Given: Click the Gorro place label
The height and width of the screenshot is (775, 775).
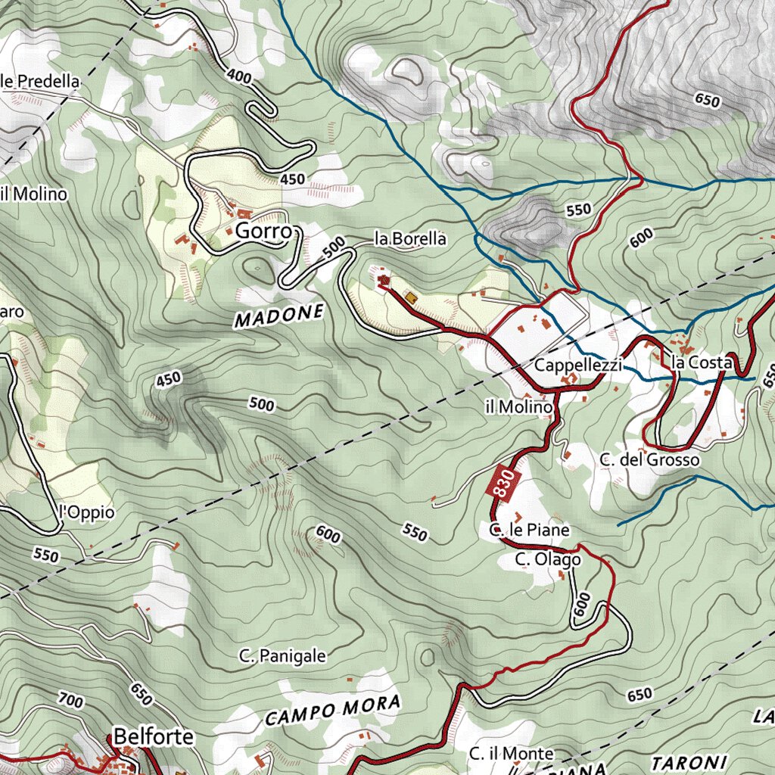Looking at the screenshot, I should [263, 232].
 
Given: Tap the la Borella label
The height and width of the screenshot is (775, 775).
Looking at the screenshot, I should [410, 239].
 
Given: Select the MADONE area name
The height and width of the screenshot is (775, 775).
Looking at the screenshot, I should [279, 316].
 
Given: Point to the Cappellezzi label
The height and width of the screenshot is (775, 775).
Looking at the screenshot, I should [578, 366].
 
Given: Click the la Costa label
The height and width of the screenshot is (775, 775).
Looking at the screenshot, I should [702, 363].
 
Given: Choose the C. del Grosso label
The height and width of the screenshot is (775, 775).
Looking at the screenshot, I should [649, 459].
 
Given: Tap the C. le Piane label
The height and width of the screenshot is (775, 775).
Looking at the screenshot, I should [529, 530].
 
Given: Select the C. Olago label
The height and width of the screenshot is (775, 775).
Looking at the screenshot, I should [548, 559].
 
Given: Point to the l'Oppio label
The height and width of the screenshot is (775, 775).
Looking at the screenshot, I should [86, 512].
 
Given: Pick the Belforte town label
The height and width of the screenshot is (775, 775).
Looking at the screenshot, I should [154, 736].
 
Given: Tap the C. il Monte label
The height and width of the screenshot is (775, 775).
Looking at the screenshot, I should [511, 754].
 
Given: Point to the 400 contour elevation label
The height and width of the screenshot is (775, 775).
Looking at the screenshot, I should [239, 76].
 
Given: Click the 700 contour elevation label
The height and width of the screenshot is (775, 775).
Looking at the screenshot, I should [70, 702].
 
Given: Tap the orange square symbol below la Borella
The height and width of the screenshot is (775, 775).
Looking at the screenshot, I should [410, 297].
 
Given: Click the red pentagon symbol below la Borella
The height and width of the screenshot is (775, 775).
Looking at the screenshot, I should [383, 282].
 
